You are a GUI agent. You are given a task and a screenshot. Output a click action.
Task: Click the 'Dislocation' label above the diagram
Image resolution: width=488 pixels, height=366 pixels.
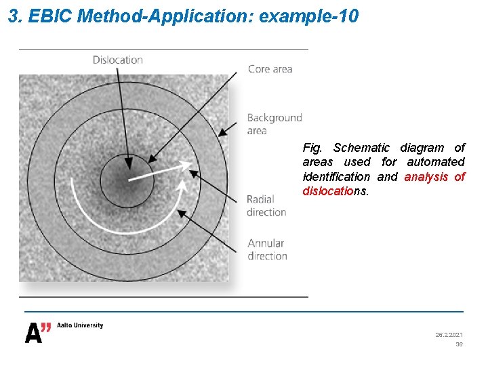coord(118,60)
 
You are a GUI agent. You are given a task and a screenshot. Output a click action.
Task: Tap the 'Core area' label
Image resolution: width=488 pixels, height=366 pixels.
coord(270,68)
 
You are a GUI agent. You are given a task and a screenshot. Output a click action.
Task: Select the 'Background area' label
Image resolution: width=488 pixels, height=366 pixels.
coord(274,124)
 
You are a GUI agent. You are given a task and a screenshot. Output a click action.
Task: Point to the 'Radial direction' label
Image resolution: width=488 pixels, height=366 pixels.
coord(266,205)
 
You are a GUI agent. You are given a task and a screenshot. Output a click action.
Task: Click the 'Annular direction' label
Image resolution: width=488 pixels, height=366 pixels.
coord(267,249)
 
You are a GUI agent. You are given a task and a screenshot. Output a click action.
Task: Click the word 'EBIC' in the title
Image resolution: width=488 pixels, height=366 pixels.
coord(51,16)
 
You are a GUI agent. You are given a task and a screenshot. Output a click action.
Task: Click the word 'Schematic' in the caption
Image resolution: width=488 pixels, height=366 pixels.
coord(361,148)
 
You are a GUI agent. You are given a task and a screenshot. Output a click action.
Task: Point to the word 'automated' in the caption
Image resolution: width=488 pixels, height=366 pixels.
coord(436,162)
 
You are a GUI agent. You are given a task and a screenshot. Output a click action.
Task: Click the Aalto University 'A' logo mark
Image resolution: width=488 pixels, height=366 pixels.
coord(37,333)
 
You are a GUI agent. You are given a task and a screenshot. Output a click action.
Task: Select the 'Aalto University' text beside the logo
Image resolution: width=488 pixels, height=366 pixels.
coord(80,325)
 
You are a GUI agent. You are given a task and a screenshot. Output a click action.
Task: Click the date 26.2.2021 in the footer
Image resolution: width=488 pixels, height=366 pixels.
coord(449,335)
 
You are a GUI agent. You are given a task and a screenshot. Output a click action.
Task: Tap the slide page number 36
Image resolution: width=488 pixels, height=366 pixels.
coord(459,344)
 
